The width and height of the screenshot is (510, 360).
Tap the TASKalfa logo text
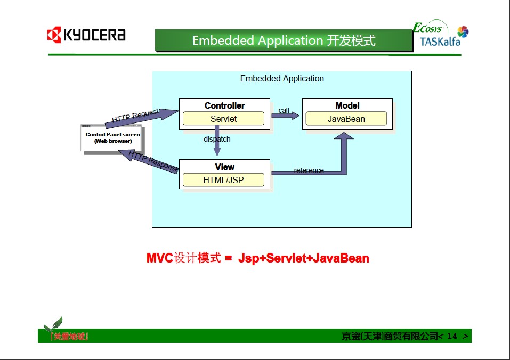point(440,42)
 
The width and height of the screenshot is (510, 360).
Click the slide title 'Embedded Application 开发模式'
point(284,40)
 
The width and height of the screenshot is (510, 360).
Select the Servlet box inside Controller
point(223,119)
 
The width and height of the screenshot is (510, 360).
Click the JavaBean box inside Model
point(346,119)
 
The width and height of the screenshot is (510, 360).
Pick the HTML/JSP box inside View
point(223,180)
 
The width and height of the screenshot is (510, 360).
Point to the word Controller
point(224,105)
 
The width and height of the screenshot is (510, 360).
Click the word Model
point(347,105)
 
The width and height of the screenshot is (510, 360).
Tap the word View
point(224,167)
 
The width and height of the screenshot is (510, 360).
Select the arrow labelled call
point(286,116)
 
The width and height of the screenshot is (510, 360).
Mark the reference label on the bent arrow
point(309,170)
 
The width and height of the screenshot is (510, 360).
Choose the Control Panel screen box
point(112,137)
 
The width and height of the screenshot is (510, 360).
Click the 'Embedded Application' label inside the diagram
point(282,78)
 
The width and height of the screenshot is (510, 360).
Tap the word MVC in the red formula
point(160,258)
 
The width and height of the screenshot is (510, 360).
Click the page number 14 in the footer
point(452,336)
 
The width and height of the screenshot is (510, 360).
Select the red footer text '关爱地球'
point(69,336)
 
